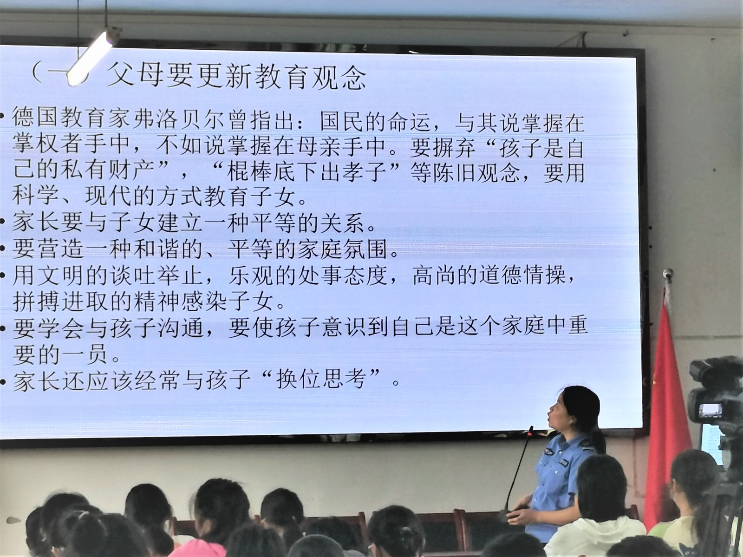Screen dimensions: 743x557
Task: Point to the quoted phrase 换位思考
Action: pos(321,380)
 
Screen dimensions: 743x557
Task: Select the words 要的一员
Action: pos(59,355)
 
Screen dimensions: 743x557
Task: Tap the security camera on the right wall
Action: pos(667,274)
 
